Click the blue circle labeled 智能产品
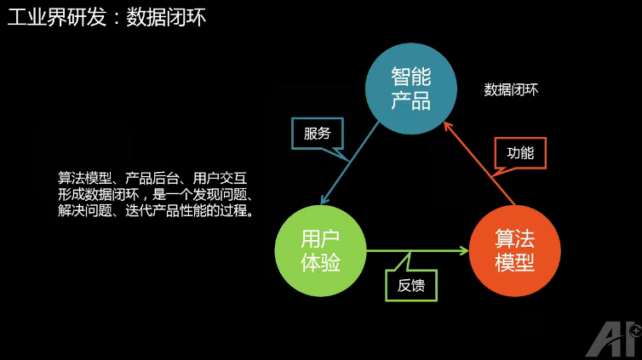[x=410, y=89]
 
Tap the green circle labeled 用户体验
[x=320, y=251]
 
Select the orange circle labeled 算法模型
[x=514, y=251]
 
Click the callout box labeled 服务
[x=317, y=134]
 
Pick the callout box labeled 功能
[x=519, y=153]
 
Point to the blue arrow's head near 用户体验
[x=321, y=201]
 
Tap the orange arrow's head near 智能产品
[x=449, y=123]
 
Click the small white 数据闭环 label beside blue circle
[x=511, y=89]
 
